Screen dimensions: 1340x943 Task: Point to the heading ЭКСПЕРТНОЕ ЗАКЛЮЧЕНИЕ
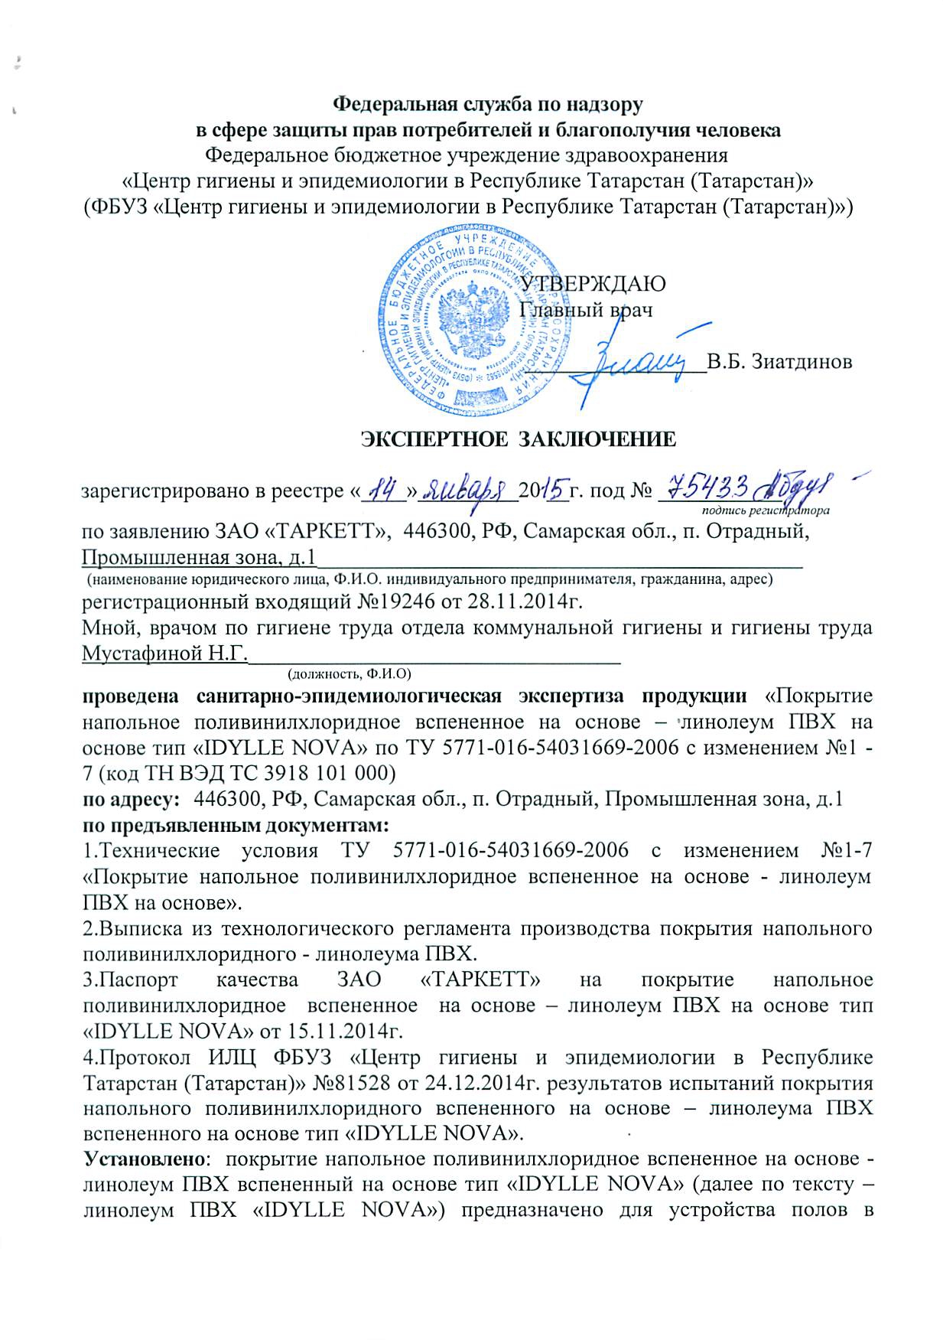coord(518,439)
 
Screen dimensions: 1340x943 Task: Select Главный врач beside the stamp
coord(586,311)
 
